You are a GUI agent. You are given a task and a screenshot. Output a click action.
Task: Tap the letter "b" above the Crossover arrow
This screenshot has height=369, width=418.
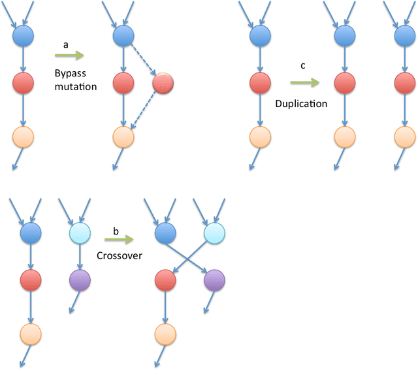tap(116, 231)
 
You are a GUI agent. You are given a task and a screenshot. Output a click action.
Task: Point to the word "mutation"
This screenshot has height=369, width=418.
tap(76, 86)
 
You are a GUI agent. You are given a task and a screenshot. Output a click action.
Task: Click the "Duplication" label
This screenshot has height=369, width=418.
tap(301, 104)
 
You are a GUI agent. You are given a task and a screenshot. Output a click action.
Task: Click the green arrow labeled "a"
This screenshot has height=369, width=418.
tap(69, 57)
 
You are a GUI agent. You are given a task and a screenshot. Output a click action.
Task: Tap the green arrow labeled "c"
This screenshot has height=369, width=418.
tap(304, 83)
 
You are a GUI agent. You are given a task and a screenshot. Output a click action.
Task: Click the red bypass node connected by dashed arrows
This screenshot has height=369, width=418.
tap(163, 83)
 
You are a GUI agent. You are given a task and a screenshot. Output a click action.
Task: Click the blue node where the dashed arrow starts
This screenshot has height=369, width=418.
tap(123, 35)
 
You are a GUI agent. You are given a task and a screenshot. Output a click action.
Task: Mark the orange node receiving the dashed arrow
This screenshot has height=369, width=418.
tap(123, 137)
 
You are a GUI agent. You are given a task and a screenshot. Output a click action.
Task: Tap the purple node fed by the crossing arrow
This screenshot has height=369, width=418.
tap(215, 281)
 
